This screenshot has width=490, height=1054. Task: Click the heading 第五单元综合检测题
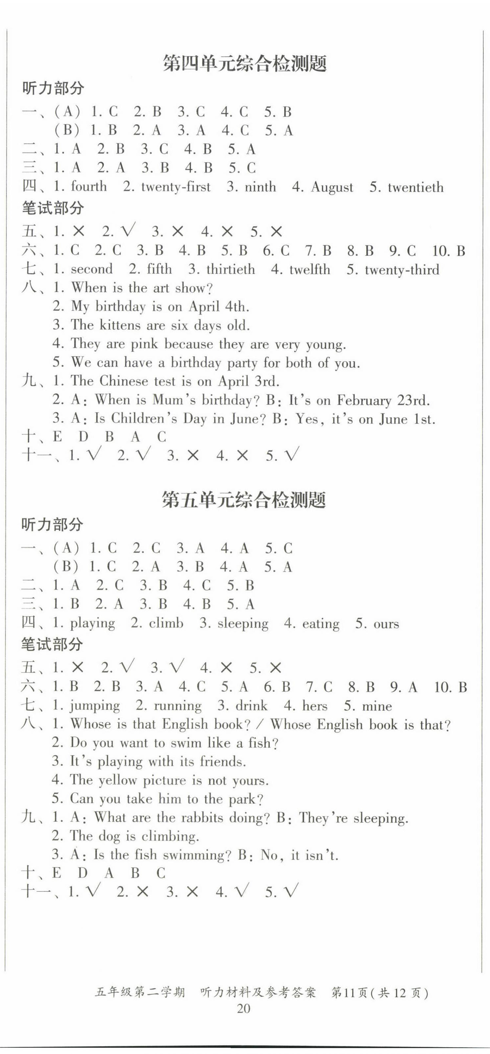pos(244,500)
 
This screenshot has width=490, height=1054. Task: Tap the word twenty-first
pos(175,187)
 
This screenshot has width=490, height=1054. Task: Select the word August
pos(332,187)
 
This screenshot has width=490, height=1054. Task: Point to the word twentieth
pos(415,187)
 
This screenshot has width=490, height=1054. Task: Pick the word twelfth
pos(310,270)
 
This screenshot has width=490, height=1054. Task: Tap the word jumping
pos(95,706)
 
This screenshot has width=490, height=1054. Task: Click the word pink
pos(144,344)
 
